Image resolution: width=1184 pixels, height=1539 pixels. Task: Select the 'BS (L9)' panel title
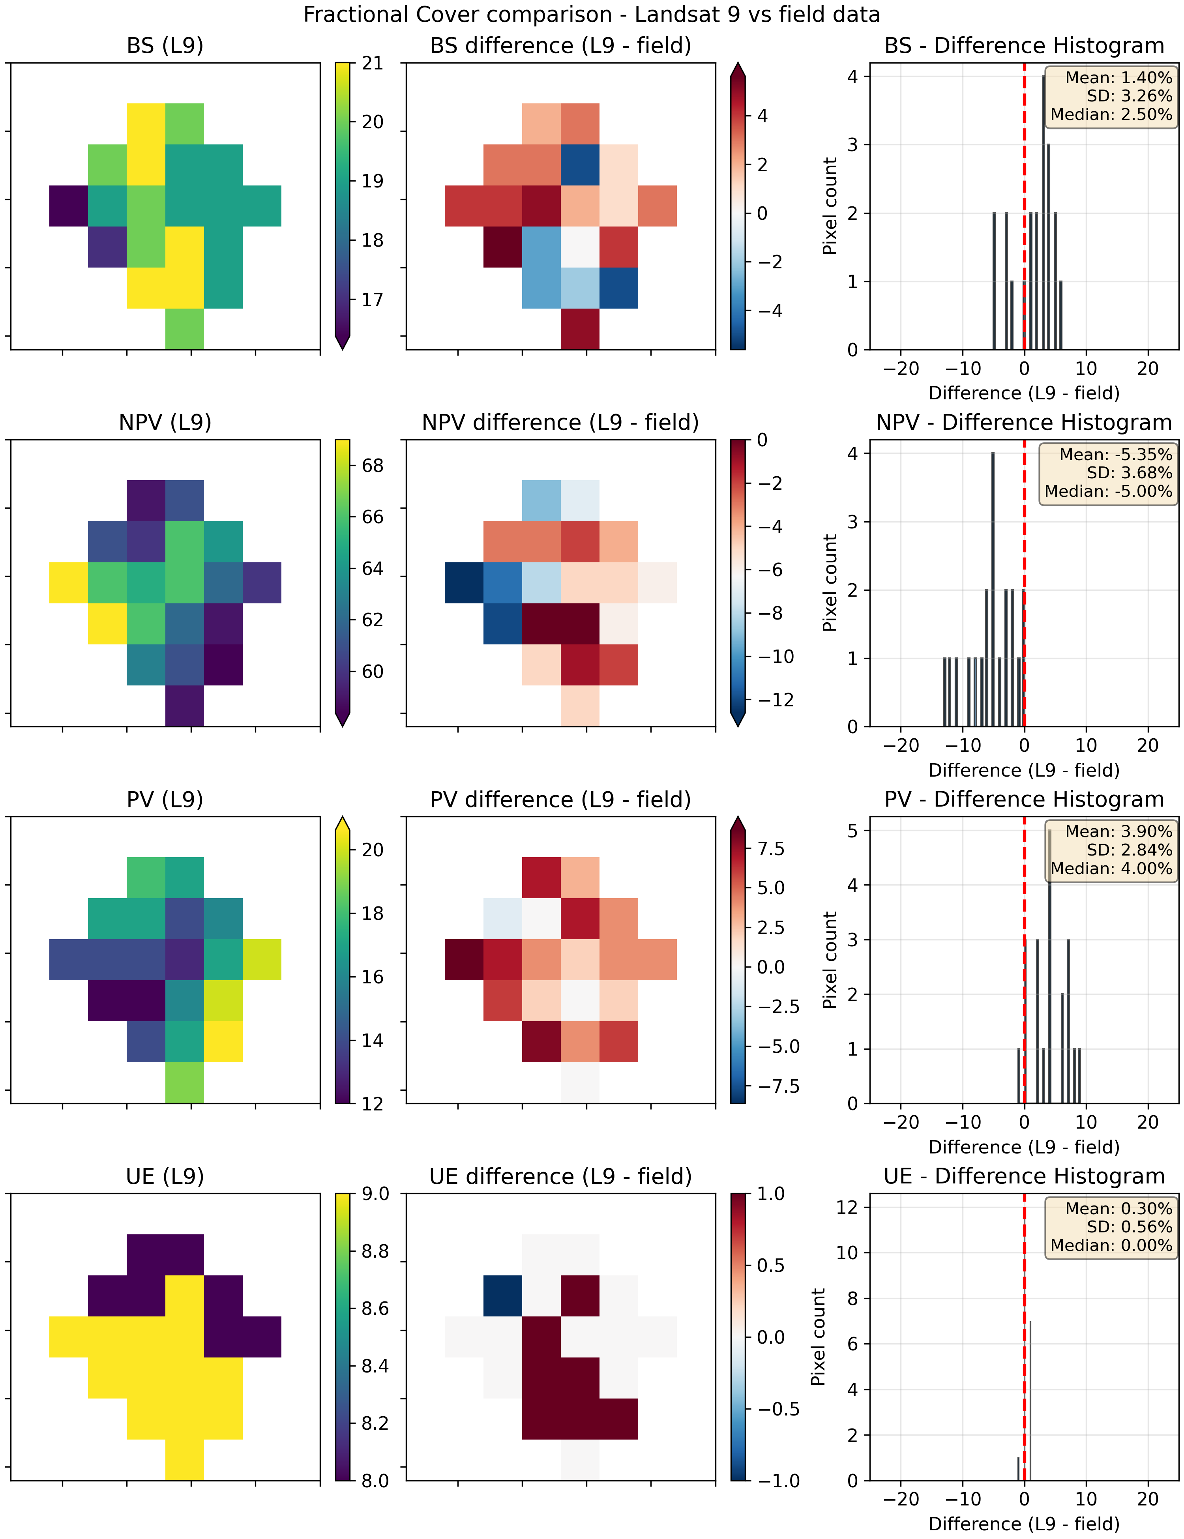[165, 46]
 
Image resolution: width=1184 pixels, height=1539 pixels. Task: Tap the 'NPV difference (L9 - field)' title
[560, 423]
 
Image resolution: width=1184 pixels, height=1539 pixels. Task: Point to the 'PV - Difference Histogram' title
[1024, 800]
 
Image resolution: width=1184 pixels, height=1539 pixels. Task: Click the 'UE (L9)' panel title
[165, 1177]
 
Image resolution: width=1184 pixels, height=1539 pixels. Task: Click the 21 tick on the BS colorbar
[373, 64]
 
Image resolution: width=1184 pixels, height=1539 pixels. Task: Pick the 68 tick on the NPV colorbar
[373, 466]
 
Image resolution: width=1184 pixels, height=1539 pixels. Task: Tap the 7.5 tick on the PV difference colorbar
[771, 848]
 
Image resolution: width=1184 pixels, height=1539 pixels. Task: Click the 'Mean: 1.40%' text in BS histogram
[1118, 77]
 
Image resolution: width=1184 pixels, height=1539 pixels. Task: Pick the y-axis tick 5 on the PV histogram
[853, 831]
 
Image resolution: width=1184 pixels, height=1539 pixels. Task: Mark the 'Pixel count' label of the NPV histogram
[830, 583]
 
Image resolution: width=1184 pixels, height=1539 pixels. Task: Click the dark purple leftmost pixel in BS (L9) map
[68, 206]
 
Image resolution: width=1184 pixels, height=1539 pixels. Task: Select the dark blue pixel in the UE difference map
[502, 1295]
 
